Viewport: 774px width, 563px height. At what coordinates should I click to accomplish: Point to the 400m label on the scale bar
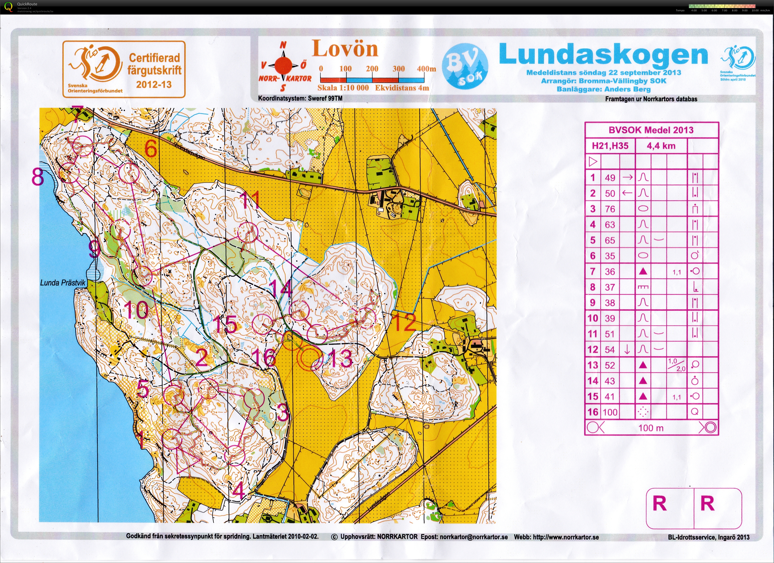[426, 69]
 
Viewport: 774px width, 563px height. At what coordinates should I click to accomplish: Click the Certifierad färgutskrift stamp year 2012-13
[154, 85]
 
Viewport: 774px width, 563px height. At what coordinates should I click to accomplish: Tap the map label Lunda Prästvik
[63, 283]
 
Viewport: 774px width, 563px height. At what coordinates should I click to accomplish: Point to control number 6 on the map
[151, 149]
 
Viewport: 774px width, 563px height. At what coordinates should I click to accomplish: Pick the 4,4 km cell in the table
[661, 146]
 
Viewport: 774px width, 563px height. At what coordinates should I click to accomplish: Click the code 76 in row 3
[610, 209]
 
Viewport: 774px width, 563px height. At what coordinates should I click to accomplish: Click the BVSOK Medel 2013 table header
[651, 130]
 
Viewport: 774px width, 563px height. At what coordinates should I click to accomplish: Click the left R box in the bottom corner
[659, 504]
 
